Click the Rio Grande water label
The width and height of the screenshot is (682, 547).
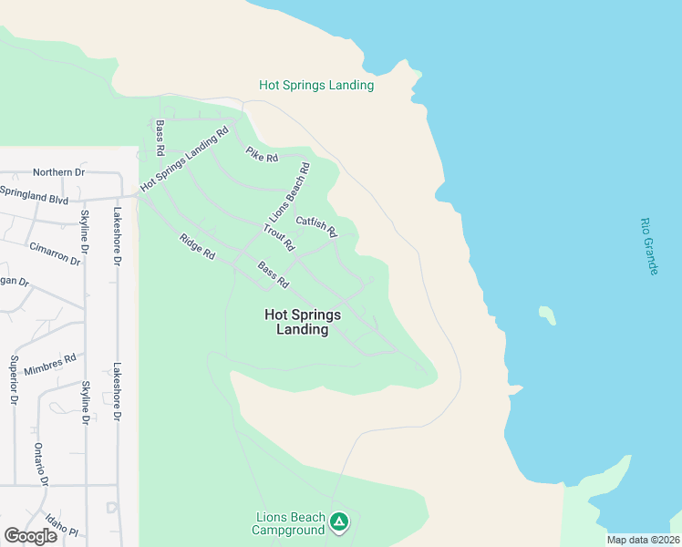coord(648,247)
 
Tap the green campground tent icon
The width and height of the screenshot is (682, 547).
coord(339,522)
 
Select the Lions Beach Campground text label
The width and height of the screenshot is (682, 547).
coord(289,523)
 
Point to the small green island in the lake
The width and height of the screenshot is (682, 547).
coord(547,315)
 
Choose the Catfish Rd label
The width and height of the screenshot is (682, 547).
coord(316,224)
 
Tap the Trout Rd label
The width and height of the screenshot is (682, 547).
coord(279,237)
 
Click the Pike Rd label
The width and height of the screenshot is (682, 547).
coord(262,156)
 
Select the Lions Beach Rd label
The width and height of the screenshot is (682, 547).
coord(290,192)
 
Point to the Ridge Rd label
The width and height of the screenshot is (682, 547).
coord(196,246)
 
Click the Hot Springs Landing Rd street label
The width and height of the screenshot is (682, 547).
coord(184,160)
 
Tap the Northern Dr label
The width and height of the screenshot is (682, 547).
coord(58,171)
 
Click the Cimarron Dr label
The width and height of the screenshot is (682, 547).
coord(55,254)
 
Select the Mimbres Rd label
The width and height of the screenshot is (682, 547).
coord(51,362)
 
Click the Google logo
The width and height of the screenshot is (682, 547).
coord(31,536)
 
